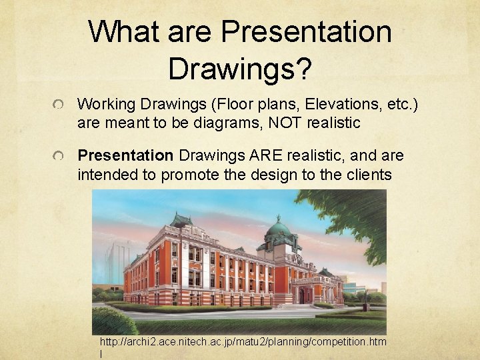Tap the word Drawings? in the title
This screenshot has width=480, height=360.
tap(240, 68)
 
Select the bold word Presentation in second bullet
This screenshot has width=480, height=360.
tap(125, 155)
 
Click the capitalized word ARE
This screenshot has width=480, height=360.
tap(267, 155)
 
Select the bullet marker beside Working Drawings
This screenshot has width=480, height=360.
tap(60, 105)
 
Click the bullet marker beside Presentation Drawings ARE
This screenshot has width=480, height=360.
tap(60, 156)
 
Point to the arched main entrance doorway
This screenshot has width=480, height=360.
tap(303, 294)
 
